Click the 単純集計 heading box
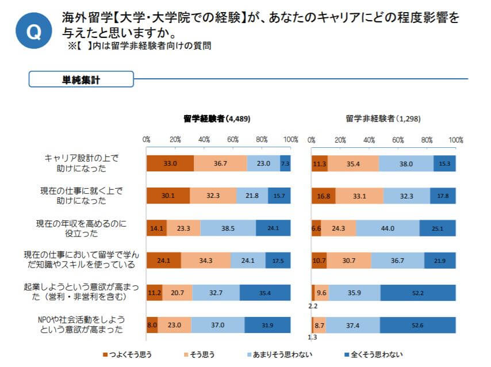[x=81, y=79]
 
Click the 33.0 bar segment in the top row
[x=170, y=163]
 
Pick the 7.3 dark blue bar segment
[x=285, y=163]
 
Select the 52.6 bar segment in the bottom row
[x=418, y=325]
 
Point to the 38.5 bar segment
[x=228, y=228]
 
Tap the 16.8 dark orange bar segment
[x=324, y=196]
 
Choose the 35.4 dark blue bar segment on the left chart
[x=265, y=293]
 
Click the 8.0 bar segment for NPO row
[x=152, y=325]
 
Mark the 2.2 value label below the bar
[x=313, y=306]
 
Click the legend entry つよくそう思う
[x=131, y=354]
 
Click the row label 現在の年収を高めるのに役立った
[x=83, y=228]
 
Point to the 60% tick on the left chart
[x=233, y=140]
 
